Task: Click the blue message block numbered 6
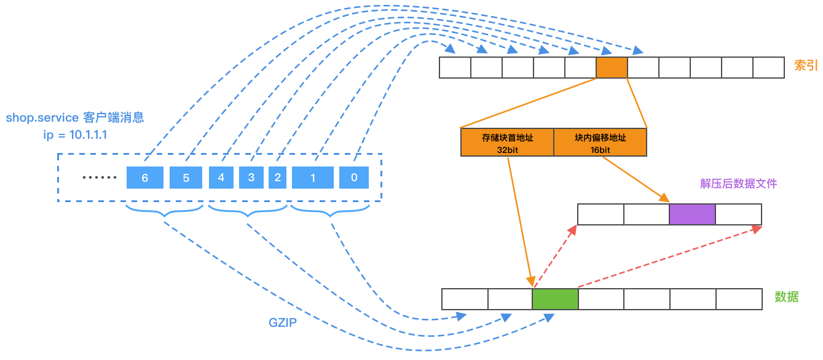click(x=145, y=178)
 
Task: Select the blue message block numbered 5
click(x=186, y=178)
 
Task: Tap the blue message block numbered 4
click(x=221, y=178)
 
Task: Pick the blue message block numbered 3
click(x=251, y=178)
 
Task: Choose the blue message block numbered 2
click(x=277, y=178)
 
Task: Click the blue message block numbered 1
click(x=313, y=178)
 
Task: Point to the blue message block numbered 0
click(x=354, y=178)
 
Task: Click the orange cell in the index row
click(x=612, y=68)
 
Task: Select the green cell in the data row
click(x=555, y=299)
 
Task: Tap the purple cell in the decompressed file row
click(x=692, y=214)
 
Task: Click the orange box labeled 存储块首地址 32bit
click(x=508, y=143)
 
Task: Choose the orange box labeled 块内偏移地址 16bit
click(x=601, y=143)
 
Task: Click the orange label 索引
click(x=806, y=65)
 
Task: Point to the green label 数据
click(x=787, y=297)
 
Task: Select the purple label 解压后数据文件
click(x=739, y=183)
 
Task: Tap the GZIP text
click(x=283, y=323)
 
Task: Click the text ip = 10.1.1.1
click(x=75, y=135)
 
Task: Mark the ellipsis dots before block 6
click(x=99, y=178)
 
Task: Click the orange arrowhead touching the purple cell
click(x=664, y=198)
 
